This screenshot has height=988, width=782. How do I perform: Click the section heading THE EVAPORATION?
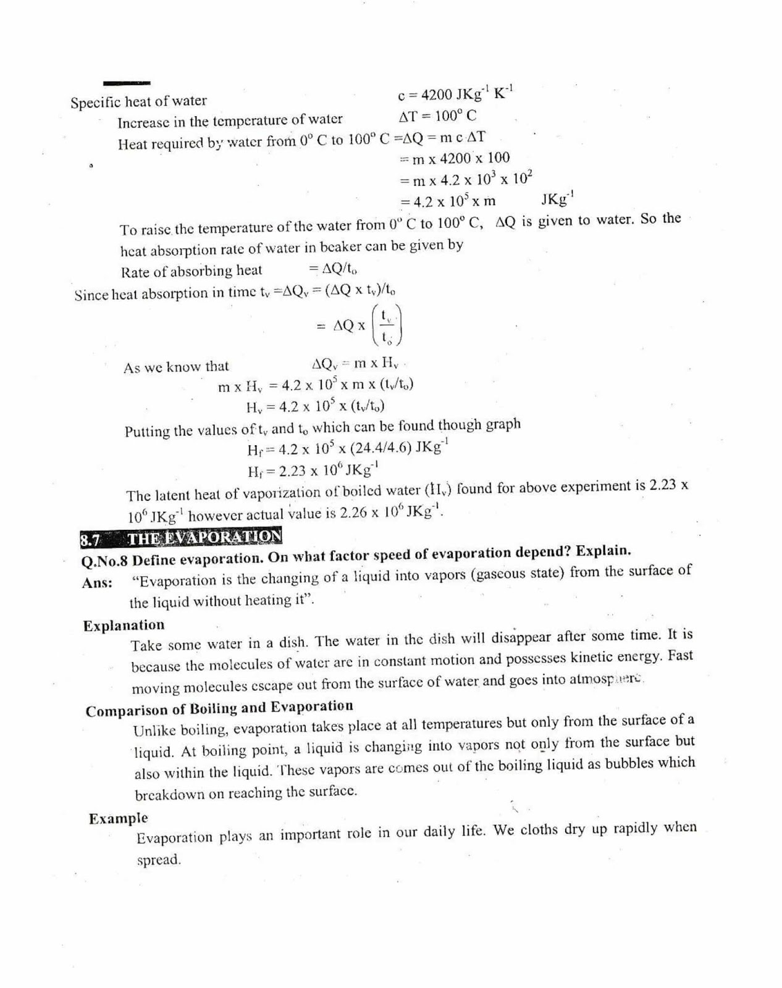coord(204,537)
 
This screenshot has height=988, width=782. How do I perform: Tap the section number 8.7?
coord(90,540)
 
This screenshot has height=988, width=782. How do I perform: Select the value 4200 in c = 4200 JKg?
coord(437,94)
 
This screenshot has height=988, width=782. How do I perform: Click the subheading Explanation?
coord(124,626)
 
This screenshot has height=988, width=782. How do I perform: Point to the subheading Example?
coord(119,819)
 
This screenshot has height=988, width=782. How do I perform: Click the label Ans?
coord(97,583)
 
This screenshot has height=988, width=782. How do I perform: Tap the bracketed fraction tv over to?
coord(387,325)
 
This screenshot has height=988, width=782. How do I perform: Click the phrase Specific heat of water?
coord(139,102)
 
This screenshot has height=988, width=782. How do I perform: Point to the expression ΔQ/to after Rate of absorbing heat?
coord(333,269)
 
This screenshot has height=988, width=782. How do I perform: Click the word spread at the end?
coord(158,860)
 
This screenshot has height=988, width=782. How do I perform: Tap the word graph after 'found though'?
coord(503,424)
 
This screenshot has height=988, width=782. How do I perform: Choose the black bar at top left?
coord(127,83)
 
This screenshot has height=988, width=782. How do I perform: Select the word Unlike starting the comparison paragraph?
coord(154,731)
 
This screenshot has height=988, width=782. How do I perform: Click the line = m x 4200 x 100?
coord(455,159)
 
